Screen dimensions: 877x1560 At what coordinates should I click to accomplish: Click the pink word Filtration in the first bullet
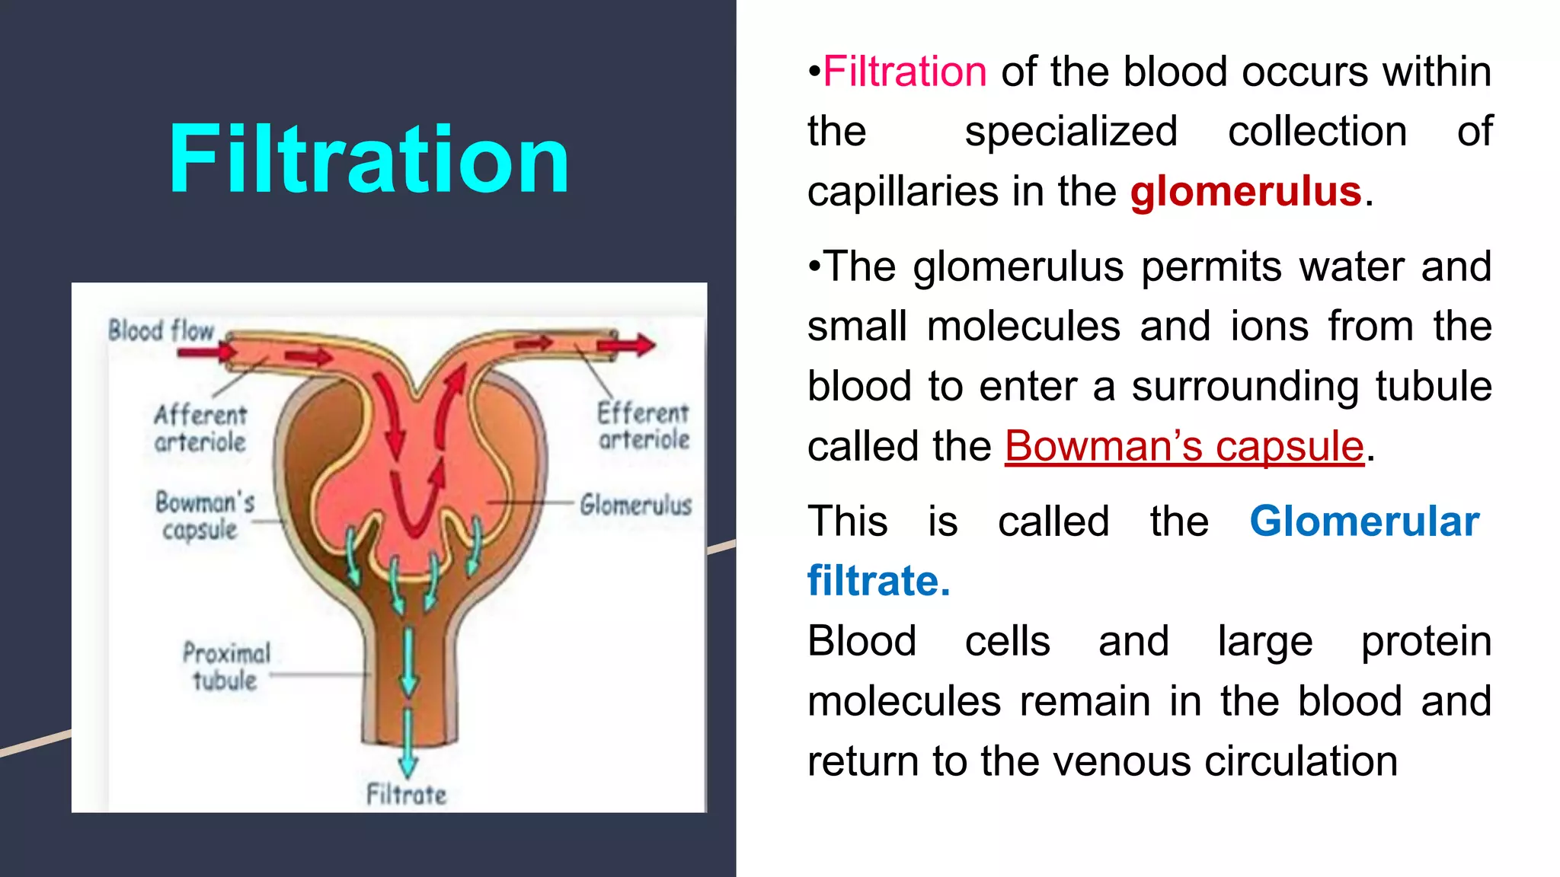pyautogui.click(x=905, y=72)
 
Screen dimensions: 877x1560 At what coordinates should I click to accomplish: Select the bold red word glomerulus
pyautogui.click(x=1245, y=191)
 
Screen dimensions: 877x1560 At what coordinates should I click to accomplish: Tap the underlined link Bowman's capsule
pyautogui.click(x=1184, y=446)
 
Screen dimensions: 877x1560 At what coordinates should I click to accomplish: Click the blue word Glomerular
pyautogui.click(x=1364, y=521)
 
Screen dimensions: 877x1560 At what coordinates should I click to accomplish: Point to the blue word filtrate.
pyautogui.click(x=878, y=581)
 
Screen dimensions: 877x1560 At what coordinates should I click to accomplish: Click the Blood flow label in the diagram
pyautogui.click(x=161, y=330)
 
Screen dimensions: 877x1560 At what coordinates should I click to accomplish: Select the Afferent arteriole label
pyautogui.click(x=200, y=428)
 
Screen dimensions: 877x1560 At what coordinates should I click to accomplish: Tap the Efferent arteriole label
pyautogui.click(x=644, y=426)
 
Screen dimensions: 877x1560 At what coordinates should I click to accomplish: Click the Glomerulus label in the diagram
pyautogui.click(x=635, y=505)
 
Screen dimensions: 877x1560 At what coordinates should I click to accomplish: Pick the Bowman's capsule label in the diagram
pyautogui.click(x=204, y=515)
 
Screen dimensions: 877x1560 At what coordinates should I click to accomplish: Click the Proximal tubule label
pyautogui.click(x=226, y=666)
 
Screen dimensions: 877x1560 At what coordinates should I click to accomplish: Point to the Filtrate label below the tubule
pyautogui.click(x=406, y=795)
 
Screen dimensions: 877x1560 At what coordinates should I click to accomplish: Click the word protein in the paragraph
pyautogui.click(x=1426, y=641)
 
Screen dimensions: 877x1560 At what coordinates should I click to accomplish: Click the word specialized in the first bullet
pyautogui.click(x=1071, y=132)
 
